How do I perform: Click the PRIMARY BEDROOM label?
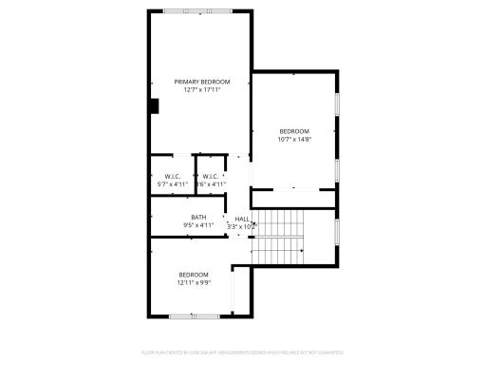tap(202, 82)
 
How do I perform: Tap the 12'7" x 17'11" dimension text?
tap(202, 89)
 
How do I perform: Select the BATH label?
tap(198, 218)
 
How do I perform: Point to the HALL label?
tap(242, 219)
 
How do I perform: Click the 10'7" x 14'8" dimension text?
tap(294, 139)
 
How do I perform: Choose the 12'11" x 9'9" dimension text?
tap(194, 282)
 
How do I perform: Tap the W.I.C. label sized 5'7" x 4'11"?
tap(172, 176)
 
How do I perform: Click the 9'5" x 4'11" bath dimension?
tap(198, 225)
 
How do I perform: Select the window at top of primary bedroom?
tap(196, 11)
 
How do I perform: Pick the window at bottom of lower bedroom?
tap(195, 316)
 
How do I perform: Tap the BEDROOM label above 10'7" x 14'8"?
tap(294, 131)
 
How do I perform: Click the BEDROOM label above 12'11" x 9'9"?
tap(194, 275)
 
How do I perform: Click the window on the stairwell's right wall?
tap(337, 233)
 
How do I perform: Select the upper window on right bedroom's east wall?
tap(337, 105)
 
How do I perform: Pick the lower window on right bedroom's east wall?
tap(337, 169)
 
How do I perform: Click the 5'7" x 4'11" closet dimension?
tap(172, 183)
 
